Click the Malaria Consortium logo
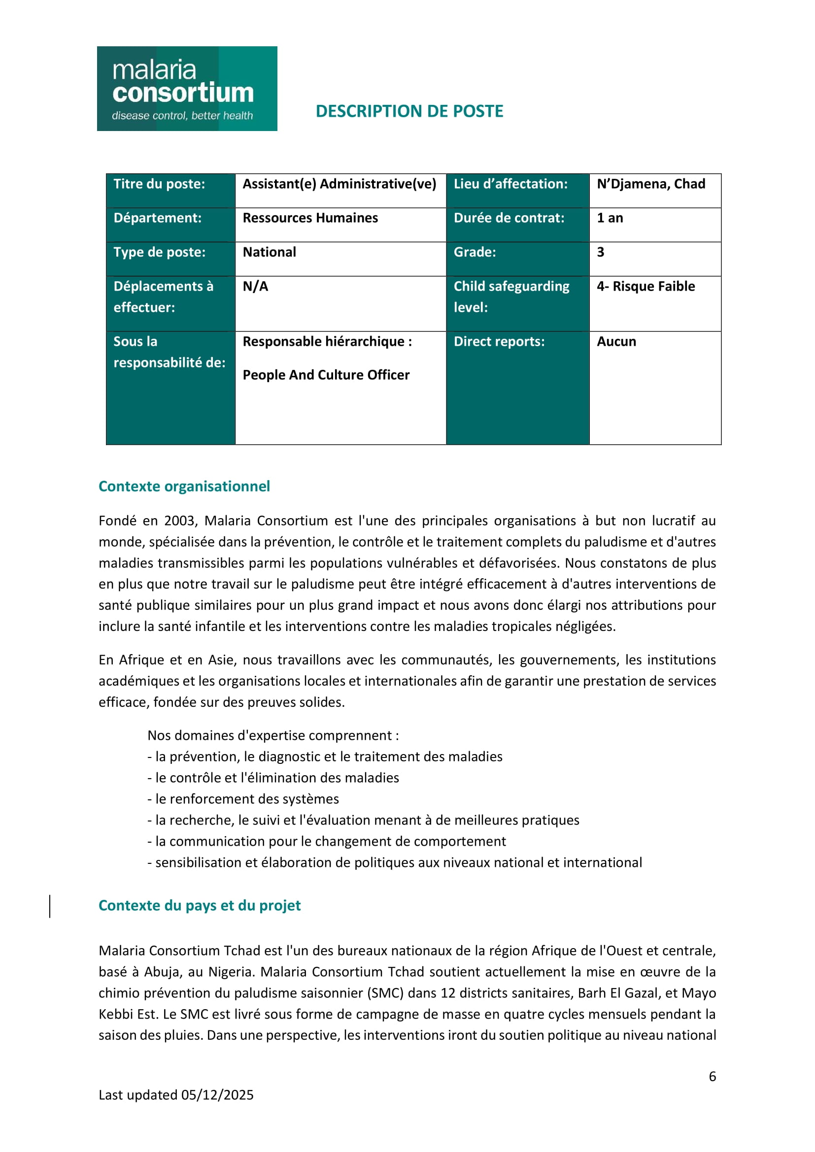click(187, 89)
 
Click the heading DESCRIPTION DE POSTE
click(409, 111)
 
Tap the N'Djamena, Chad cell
click(651, 184)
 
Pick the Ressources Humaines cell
click(310, 218)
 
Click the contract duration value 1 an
click(610, 218)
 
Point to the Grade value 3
click(600, 252)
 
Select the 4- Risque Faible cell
click(646, 287)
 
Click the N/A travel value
click(255, 287)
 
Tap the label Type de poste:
click(160, 252)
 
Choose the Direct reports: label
click(499, 342)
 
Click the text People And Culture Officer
click(326, 375)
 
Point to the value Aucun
click(616, 342)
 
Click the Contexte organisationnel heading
click(184, 486)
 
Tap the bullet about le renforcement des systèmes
click(243, 799)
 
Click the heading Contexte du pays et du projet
click(199, 905)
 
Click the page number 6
click(712, 1076)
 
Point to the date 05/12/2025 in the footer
click(217, 1095)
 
